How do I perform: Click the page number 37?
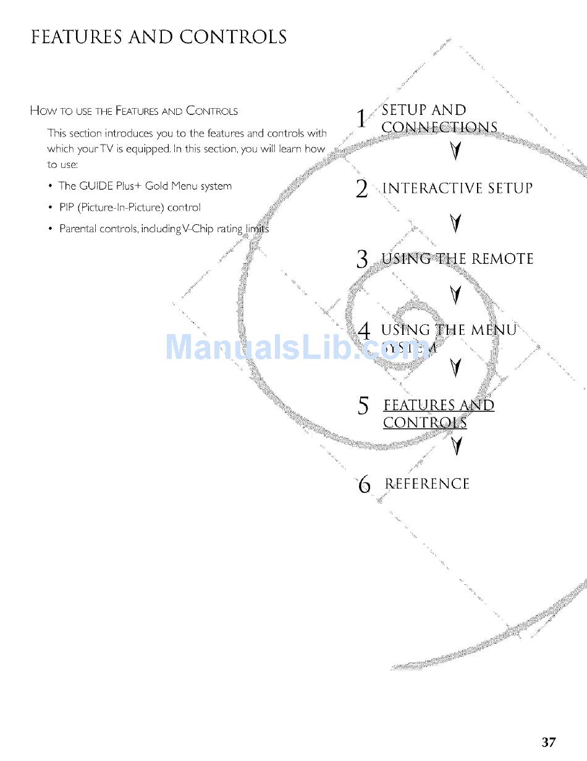tap(549, 742)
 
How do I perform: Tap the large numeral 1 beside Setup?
tap(362, 119)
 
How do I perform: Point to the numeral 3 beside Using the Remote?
tap(363, 259)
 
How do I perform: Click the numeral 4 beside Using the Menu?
tap(364, 331)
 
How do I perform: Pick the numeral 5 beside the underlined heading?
tap(363, 406)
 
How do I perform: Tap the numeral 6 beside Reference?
tap(365, 485)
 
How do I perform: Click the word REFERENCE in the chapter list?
tap(427, 484)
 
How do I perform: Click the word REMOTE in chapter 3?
tap(502, 259)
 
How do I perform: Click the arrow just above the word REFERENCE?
tap(455, 445)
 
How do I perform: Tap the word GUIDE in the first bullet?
tap(96, 186)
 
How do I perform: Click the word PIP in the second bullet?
tap(67, 208)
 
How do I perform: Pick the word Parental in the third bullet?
tap(78, 229)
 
